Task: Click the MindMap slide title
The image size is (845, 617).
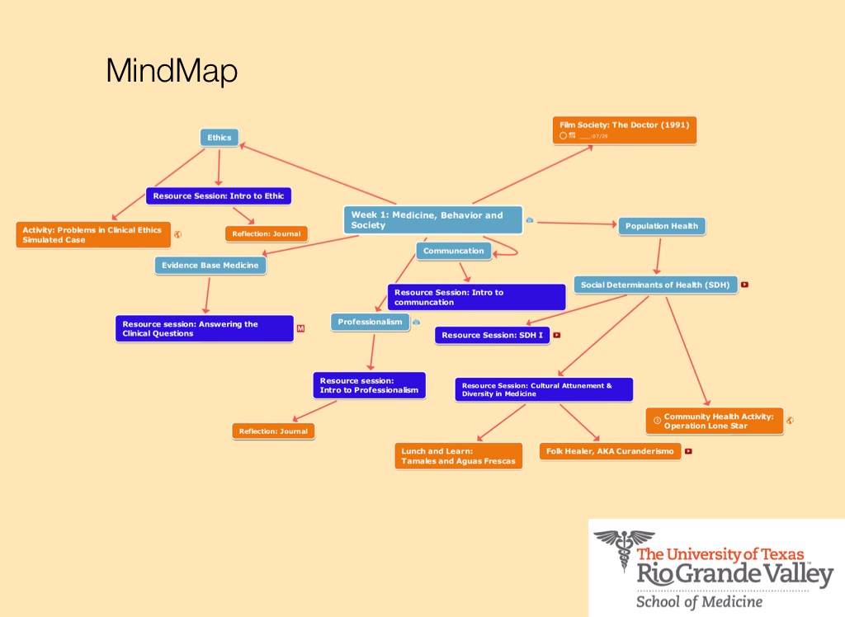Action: (172, 72)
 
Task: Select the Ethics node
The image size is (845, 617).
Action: (219, 138)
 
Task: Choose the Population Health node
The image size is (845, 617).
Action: (661, 226)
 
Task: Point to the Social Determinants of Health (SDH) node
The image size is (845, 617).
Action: (655, 285)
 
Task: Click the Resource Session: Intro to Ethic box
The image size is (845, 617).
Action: (219, 196)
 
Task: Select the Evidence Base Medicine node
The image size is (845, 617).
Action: (210, 266)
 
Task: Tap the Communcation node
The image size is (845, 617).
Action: (453, 251)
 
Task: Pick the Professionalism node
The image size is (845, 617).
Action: (371, 322)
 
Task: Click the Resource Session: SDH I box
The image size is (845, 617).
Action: (492, 336)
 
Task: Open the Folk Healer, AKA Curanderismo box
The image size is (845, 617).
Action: (610, 451)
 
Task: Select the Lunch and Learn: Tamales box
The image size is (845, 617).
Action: (458, 456)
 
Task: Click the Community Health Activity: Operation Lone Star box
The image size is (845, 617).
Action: (714, 421)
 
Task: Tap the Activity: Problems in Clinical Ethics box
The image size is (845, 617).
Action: (92, 234)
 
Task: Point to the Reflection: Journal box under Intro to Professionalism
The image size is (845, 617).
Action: (273, 431)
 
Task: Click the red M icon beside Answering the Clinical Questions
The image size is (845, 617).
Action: (300, 329)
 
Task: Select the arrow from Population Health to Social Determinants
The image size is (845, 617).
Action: (659, 256)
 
